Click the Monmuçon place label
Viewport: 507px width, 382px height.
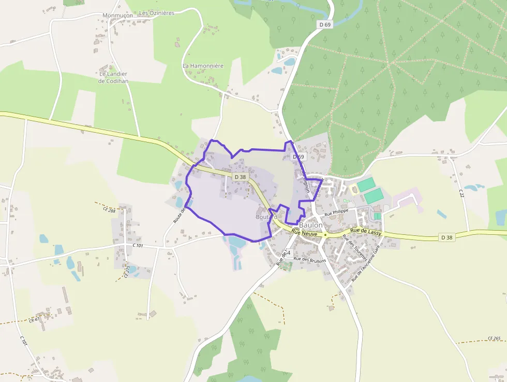coord(117,15)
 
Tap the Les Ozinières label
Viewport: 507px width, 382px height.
coord(157,12)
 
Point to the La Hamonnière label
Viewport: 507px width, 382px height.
coord(203,66)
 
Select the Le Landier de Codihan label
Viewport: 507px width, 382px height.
coord(113,77)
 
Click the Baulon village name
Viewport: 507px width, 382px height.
coord(310,225)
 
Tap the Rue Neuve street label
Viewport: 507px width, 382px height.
coord(304,234)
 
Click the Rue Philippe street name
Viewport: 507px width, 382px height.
coord(337,213)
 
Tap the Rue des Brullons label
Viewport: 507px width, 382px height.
coord(309,260)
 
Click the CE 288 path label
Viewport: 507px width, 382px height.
coord(109,210)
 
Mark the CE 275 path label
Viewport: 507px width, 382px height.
coord(127,272)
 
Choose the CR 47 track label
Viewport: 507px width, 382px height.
coord(34,320)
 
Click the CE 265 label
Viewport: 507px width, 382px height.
coord(494,338)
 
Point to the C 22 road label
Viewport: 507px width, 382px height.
coord(460,193)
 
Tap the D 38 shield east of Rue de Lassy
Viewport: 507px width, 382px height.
coord(448,237)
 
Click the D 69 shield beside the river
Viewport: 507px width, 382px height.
coord(324,24)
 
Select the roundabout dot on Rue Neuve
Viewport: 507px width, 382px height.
coord(325,235)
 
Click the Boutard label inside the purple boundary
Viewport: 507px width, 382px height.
coord(266,217)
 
